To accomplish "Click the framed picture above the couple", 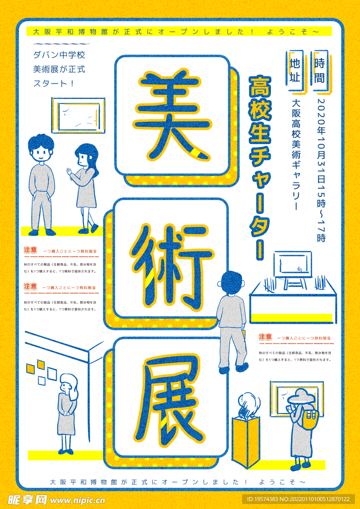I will pos(79,115).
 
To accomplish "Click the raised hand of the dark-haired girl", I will pos(69,171).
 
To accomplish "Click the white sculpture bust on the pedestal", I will pos(248,406).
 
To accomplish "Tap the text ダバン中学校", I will pos(59,55).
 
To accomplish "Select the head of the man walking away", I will pos(231,283).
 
